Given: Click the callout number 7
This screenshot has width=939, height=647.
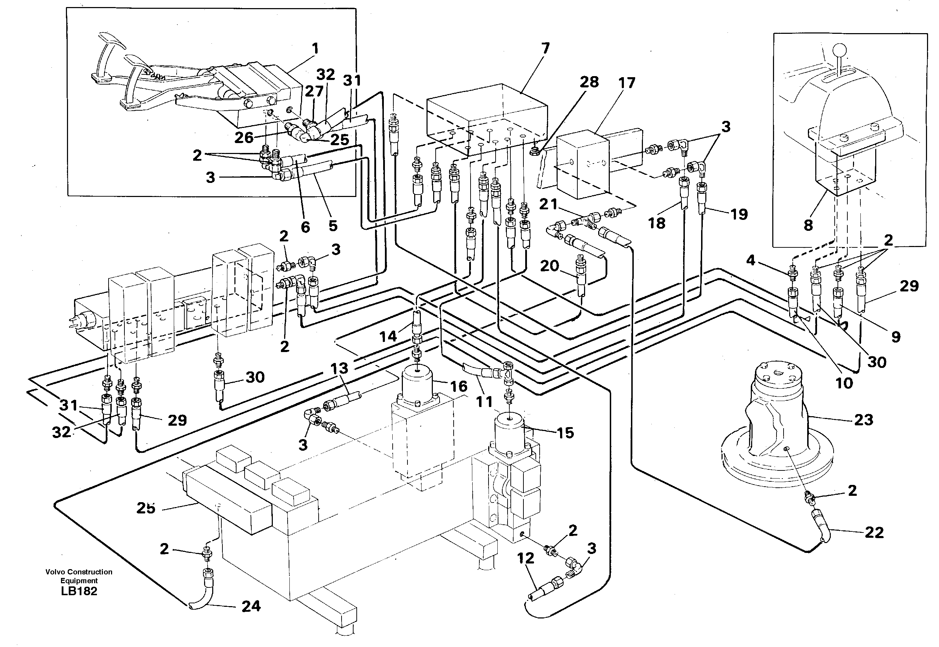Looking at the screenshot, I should coord(545,49).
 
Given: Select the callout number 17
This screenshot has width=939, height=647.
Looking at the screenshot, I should coord(626,83).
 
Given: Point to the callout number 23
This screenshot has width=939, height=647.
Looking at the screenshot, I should coord(863,420).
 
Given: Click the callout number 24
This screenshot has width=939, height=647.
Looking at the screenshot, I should coord(251,606).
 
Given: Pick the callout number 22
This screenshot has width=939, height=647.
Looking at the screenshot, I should coord(874,532).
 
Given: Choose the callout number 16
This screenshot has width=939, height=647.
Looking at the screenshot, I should coord(459,386).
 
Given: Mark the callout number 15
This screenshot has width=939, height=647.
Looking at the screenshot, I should coord(565,433).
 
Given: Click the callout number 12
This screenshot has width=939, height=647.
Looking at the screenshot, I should coord(526,558).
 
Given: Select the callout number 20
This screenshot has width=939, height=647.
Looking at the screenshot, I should coord(550,266).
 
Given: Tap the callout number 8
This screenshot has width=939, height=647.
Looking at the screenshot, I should coord(808,225).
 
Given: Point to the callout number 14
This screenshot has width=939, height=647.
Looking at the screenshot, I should coord(388,336).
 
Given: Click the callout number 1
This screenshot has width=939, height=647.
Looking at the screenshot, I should coord(315,49).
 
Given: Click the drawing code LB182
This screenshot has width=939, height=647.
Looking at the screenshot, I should coord(79,591).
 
